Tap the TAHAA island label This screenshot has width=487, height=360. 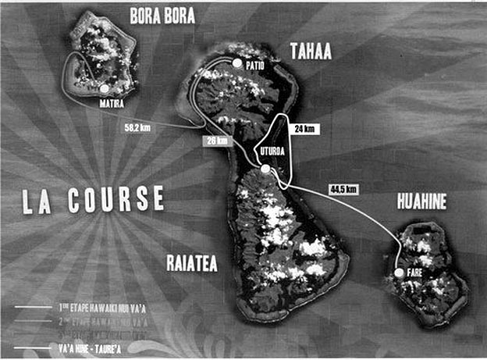pos(311,51)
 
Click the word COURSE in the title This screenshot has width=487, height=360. pos(116,200)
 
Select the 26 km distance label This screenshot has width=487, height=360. pos(216,141)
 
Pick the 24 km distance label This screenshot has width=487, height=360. pos(305,128)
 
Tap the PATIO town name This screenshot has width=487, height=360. pos(255,66)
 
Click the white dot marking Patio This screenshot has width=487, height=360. pos(238,64)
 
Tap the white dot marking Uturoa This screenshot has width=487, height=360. pos(266,169)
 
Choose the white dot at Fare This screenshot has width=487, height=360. pos(399,273)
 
